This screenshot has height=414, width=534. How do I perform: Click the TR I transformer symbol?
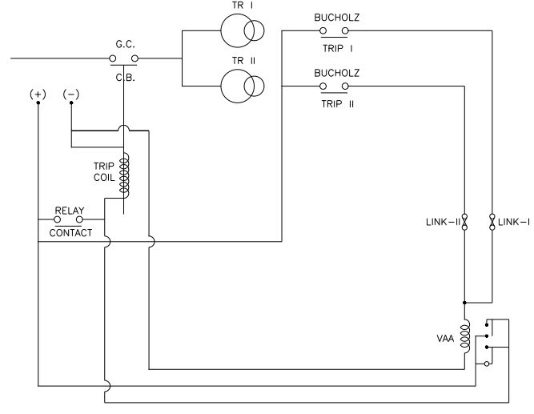click(x=243, y=31)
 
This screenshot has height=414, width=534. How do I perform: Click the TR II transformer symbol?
click(x=243, y=85)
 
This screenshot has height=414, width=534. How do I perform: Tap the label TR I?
click(x=241, y=5)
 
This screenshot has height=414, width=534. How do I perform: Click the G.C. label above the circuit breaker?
click(x=123, y=45)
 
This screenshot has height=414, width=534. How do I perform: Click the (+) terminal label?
click(x=38, y=94)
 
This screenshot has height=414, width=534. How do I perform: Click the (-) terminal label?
click(x=71, y=94)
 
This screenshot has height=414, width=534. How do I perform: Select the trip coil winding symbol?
click(x=124, y=175)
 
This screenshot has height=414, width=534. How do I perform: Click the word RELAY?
click(x=69, y=211)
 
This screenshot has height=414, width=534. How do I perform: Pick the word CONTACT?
click(x=70, y=233)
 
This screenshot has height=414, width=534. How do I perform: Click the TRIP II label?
click(x=337, y=103)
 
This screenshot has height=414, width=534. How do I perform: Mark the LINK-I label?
click(x=512, y=221)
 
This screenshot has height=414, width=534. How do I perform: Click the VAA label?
click(x=445, y=340)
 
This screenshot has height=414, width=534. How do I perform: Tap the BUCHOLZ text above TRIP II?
click(x=337, y=72)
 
